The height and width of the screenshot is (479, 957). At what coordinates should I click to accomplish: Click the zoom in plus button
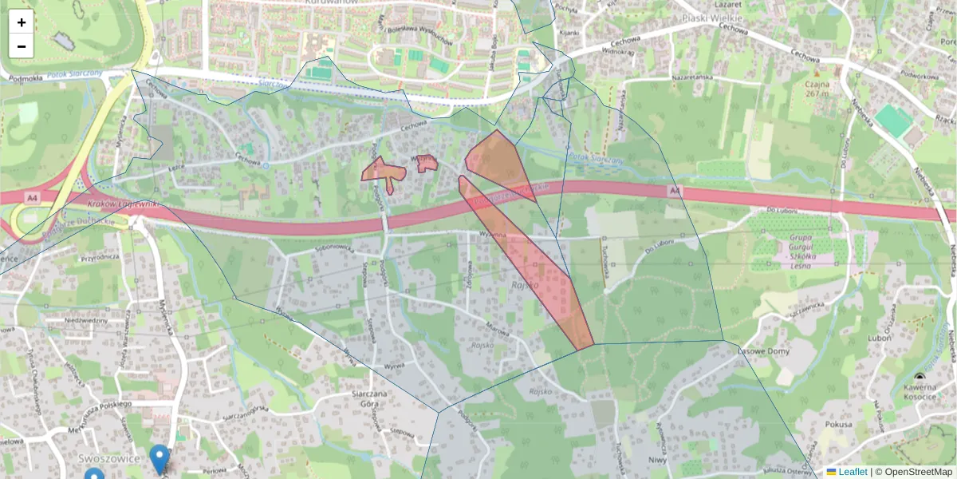pyautogui.click(x=22, y=22)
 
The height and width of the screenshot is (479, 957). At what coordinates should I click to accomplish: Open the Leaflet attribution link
pyautogui.click(x=853, y=472)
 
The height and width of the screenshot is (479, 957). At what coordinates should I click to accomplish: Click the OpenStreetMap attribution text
pyautogui.click(x=918, y=472)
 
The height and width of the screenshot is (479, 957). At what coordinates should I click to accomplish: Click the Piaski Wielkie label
pyautogui.click(x=712, y=18)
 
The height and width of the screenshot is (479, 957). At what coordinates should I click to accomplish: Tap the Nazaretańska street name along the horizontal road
pyautogui.click(x=691, y=77)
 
